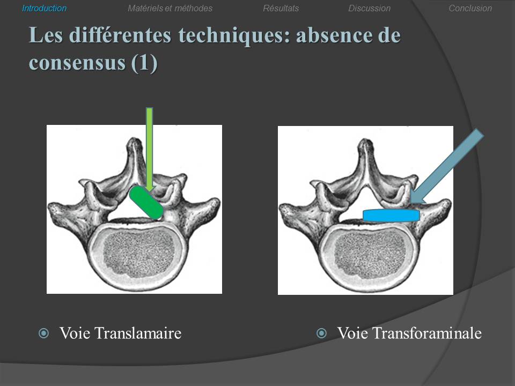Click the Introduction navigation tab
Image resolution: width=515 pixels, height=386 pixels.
[45, 8]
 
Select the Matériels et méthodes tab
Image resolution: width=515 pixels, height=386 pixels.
[170, 8]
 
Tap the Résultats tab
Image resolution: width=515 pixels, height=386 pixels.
[281, 8]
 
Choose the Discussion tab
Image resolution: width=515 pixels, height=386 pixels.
[370, 8]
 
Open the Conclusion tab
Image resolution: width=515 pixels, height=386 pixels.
[470, 8]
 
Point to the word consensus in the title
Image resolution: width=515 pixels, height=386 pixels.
[77, 62]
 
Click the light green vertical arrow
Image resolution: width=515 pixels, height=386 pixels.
[150, 150]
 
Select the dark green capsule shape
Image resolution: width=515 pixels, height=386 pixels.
[146, 203]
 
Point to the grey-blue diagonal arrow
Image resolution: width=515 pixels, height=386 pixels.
[447, 166]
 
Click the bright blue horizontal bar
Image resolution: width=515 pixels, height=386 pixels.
[391, 215]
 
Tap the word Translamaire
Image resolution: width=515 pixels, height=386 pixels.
[138, 333]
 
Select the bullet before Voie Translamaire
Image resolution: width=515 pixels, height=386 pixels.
[43, 333]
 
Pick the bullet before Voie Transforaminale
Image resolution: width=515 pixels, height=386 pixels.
[321, 333]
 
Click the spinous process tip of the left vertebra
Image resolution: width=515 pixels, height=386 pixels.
[134, 141]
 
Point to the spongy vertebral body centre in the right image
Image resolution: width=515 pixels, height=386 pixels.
[370, 254]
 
